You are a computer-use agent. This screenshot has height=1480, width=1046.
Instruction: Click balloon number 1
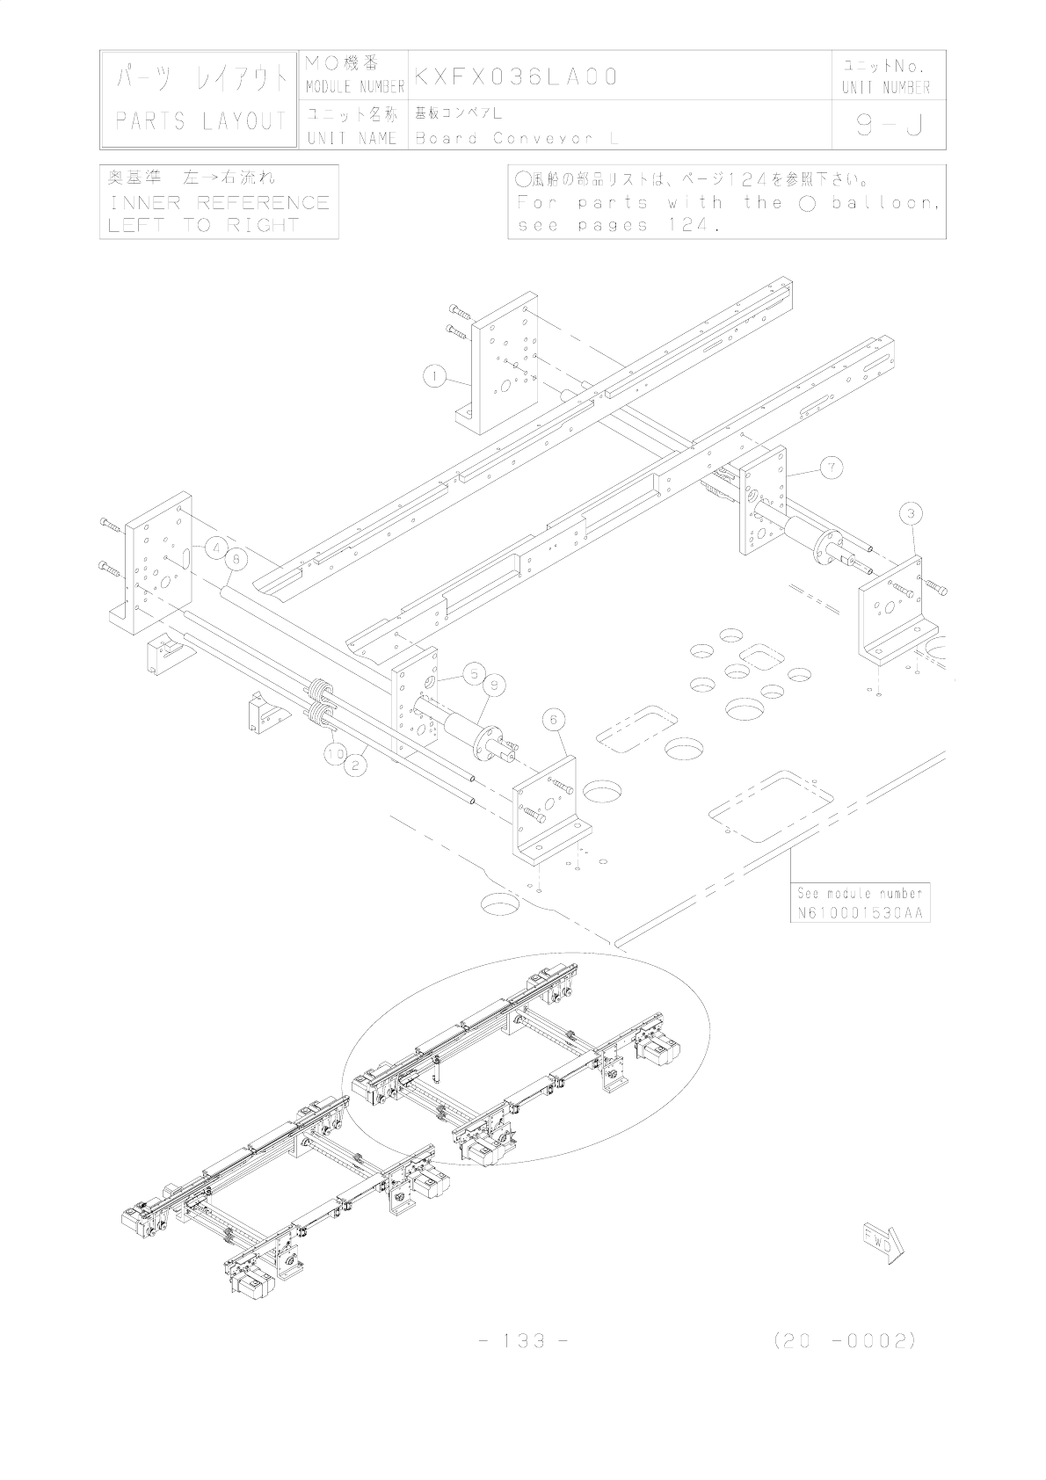pos(432,377)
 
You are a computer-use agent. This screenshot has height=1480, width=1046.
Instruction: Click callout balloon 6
pos(553,719)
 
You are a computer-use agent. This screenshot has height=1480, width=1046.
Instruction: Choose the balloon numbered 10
pos(334,753)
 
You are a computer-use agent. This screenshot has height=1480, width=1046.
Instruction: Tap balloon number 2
pos(354,765)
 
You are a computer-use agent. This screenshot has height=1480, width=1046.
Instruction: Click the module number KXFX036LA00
pos(517,76)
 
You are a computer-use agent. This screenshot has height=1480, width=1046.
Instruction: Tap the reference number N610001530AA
pos(860,913)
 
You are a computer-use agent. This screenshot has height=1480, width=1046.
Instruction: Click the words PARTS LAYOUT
pos(201,121)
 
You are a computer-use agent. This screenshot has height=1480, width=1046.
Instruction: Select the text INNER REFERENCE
pos(219,202)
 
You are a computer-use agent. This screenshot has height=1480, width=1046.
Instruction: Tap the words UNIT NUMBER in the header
pos(885,87)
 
